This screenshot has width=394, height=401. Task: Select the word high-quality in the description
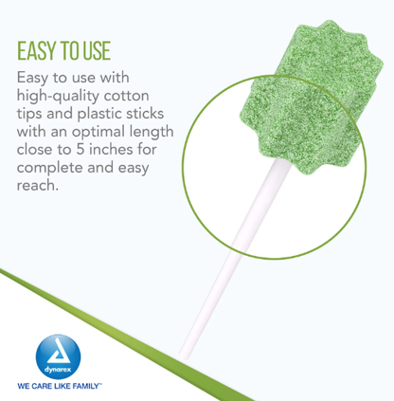click(58, 97)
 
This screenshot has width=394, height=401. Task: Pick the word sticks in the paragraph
click(145, 114)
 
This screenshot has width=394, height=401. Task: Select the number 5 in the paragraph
click(81, 150)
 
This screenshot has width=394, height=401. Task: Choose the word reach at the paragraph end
click(36, 185)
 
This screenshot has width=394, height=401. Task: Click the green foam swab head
click(311, 98)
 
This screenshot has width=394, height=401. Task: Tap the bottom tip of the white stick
click(184, 357)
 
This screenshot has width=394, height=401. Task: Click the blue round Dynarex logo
click(58, 356)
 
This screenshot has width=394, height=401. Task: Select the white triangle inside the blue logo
click(59, 352)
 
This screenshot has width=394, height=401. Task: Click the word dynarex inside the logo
click(58, 369)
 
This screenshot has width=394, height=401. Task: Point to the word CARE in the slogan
click(42, 386)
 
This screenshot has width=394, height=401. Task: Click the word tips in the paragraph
click(29, 114)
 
